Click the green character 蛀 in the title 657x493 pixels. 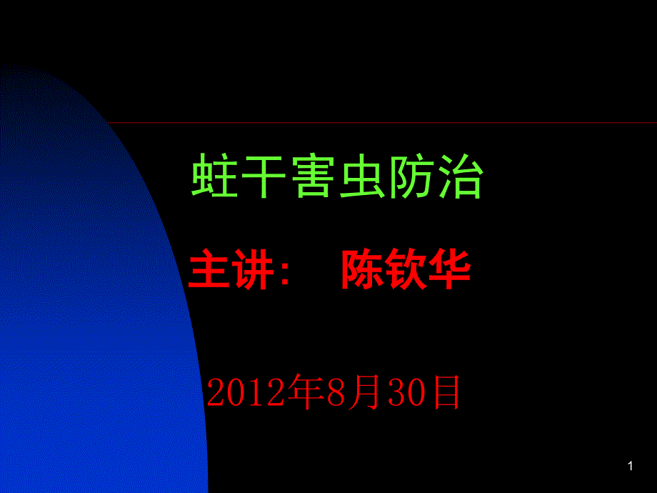pyautogui.click(x=214, y=175)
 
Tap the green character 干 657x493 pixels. pyautogui.click(x=264, y=175)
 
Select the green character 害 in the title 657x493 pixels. pyautogui.click(x=313, y=175)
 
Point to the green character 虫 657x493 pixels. pyautogui.click(x=362, y=175)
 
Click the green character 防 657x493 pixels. pyautogui.click(x=411, y=175)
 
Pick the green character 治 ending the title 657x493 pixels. pyautogui.click(x=461, y=175)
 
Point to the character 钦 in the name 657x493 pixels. pyautogui.click(x=406, y=269)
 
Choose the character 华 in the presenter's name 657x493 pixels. pyautogui.click(x=450, y=269)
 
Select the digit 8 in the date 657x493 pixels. pyautogui.click(x=336, y=392)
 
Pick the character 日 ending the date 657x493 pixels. pyautogui.click(x=446, y=392)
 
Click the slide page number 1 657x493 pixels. pyautogui.click(x=631, y=466)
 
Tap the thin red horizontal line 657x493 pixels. pyautogui.click(x=382, y=123)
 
